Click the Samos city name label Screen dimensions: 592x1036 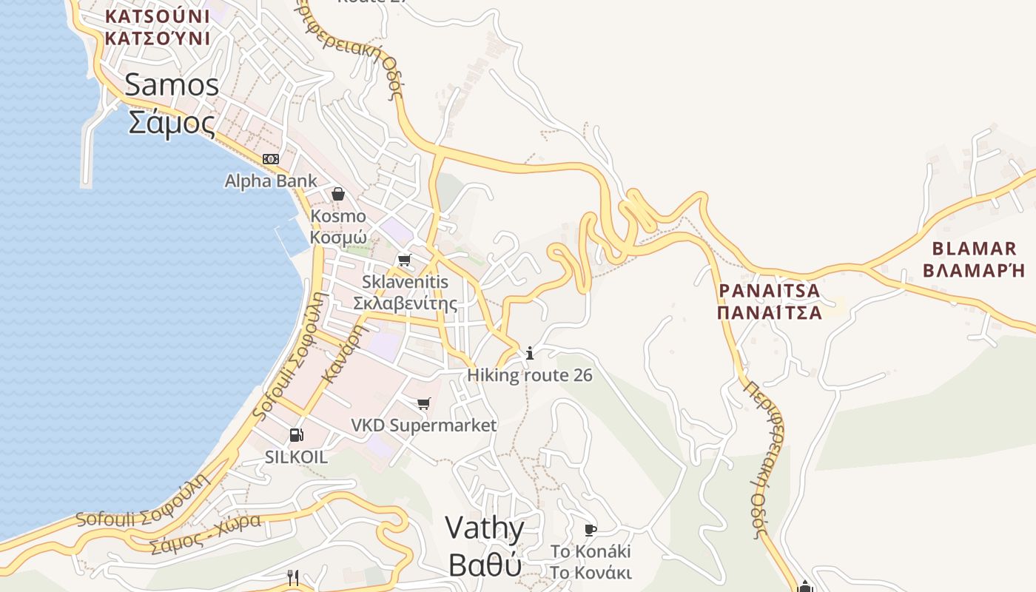click(172, 104)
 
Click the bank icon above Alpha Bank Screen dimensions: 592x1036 click(271, 159)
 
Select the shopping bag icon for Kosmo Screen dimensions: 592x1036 click(338, 194)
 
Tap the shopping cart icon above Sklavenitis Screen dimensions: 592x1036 click(404, 260)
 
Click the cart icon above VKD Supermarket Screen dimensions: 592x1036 click(423, 403)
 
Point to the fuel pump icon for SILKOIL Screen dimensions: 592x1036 click(296, 435)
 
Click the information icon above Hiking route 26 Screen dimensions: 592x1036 click(530, 353)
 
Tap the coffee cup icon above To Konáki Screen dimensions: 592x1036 click(590, 530)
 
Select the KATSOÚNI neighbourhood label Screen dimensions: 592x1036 click(157, 27)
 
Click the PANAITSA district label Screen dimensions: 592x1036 click(770, 301)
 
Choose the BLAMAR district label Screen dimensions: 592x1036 click(974, 259)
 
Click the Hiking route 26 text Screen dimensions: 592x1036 click(530, 375)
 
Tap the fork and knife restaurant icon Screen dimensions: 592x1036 click(293, 578)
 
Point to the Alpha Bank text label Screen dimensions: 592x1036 click(271, 181)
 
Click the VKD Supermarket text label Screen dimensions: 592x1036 click(423, 425)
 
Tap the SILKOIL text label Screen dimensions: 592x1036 click(296, 457)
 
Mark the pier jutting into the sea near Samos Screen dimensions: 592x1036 click(88, 148)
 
